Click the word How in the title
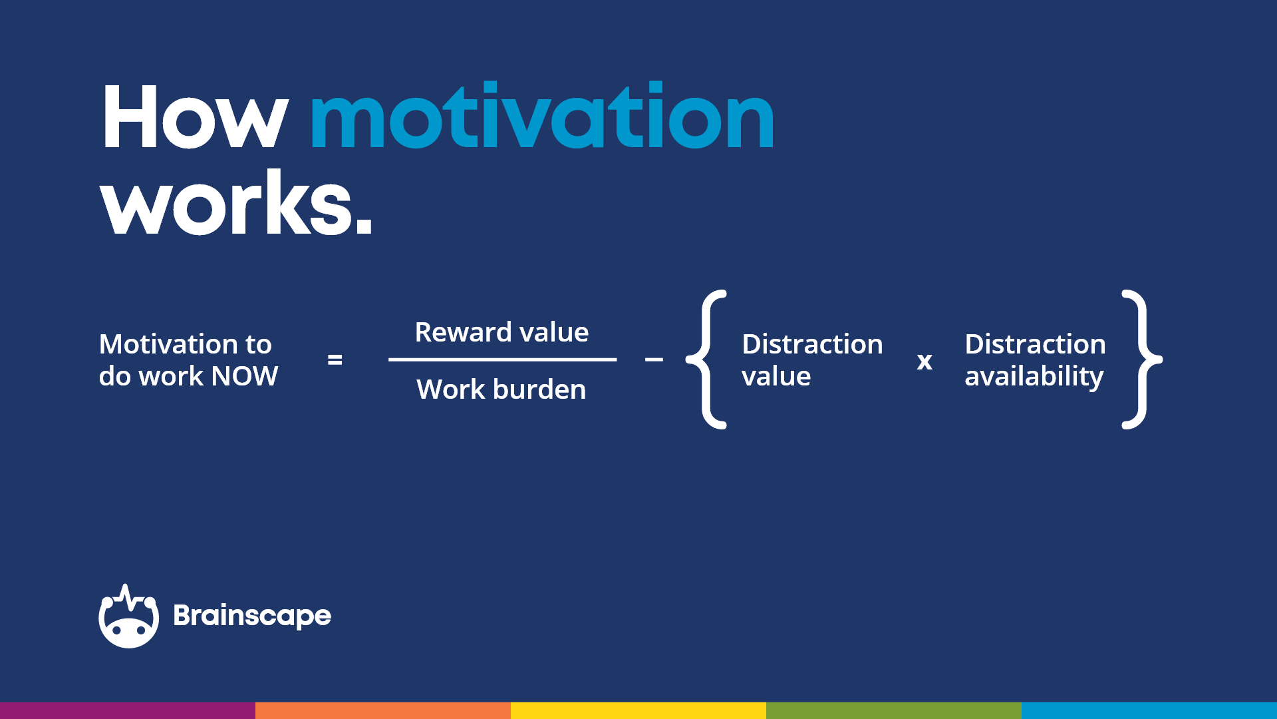pyautogui.click(x=194, y=118)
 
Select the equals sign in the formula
pyautogui.click(x=335, y=360)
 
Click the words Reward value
pyautogui.click(x=501, y=332)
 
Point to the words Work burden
pyautogui.click(x=501, y=389)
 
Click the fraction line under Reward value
pyautogui.click(x=502, y=359)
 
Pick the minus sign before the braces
pyautogui.click(x=654, y=360)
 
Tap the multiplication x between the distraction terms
pyautogui.click(x=924, y=361)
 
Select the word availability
pyautogui.click(x=1034, y=377)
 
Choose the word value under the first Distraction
pyautogui.click(x=776, y=377)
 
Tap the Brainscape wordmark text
pyautogui.click(x=252, y=616)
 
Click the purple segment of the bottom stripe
pyautogui.click(x=128, y=710)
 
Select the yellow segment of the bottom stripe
pyautogui.click(x=638, y=710)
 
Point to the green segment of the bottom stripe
pyautogui.click(x=894, y=710)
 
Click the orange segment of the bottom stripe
pyautogui.click(x=383, y=710)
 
